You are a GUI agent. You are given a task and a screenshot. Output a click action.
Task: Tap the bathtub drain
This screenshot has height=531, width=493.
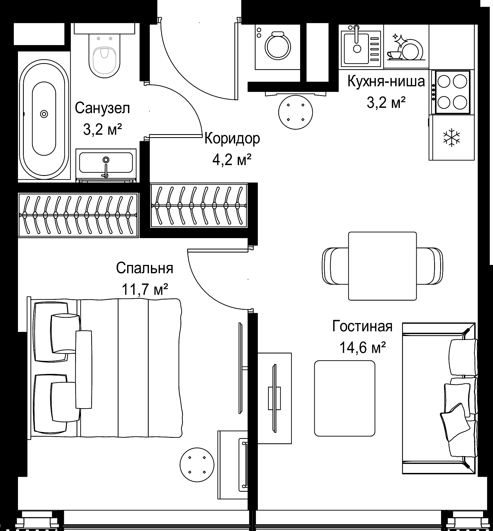[x=44, y=114]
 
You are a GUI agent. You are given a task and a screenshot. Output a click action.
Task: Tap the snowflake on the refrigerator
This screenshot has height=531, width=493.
[x=452, y=137]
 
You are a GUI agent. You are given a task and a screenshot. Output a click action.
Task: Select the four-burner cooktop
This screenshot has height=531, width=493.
[x=452, y=92]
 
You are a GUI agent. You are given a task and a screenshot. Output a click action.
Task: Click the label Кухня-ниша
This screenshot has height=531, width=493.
[x=386, y=81]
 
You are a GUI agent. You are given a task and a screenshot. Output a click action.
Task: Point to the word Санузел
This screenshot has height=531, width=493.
[x=102, y=108]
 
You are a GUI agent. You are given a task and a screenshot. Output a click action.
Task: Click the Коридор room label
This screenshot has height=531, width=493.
[x=232, y=139]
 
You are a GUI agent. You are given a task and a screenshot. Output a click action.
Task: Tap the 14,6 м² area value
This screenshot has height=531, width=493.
[x=362, y=348]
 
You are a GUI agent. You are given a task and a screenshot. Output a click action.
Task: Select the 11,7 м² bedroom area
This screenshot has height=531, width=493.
[x=145, y=290]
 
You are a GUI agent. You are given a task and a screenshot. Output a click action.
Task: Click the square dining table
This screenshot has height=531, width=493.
[x=382, y=266]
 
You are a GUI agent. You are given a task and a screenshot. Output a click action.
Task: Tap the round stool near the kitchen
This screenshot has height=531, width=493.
[x=295, y=113]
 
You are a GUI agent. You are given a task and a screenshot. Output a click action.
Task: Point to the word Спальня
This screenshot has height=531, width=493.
[x=145, y=268]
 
